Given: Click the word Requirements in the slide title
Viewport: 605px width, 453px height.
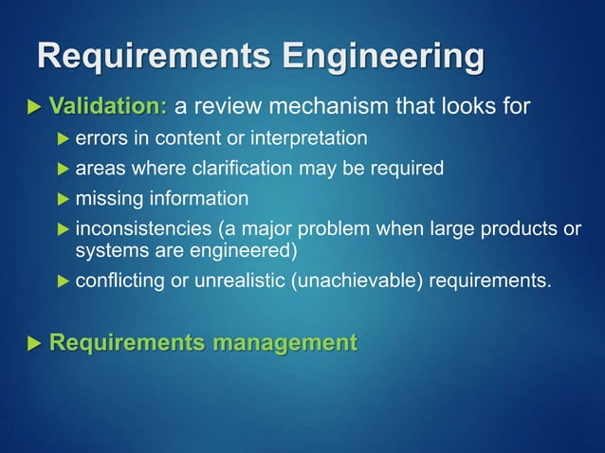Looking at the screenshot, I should (143, 57).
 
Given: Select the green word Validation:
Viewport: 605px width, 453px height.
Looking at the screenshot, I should (108, 104).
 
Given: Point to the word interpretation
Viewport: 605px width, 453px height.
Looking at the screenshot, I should (308, 139).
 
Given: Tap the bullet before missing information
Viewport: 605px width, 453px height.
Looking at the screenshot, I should (63, 199).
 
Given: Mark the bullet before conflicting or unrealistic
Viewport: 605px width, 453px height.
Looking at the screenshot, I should (63, 281).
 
